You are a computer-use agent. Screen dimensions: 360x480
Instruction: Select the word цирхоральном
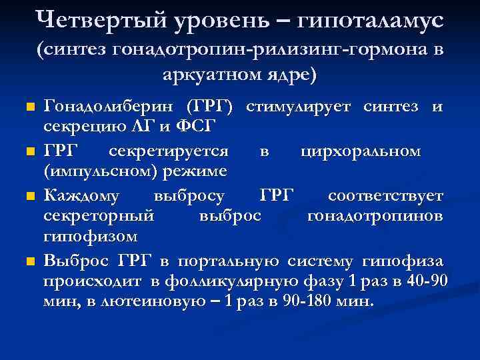coord(361,151)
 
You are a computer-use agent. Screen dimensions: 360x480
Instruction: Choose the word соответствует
coord(385,196)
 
